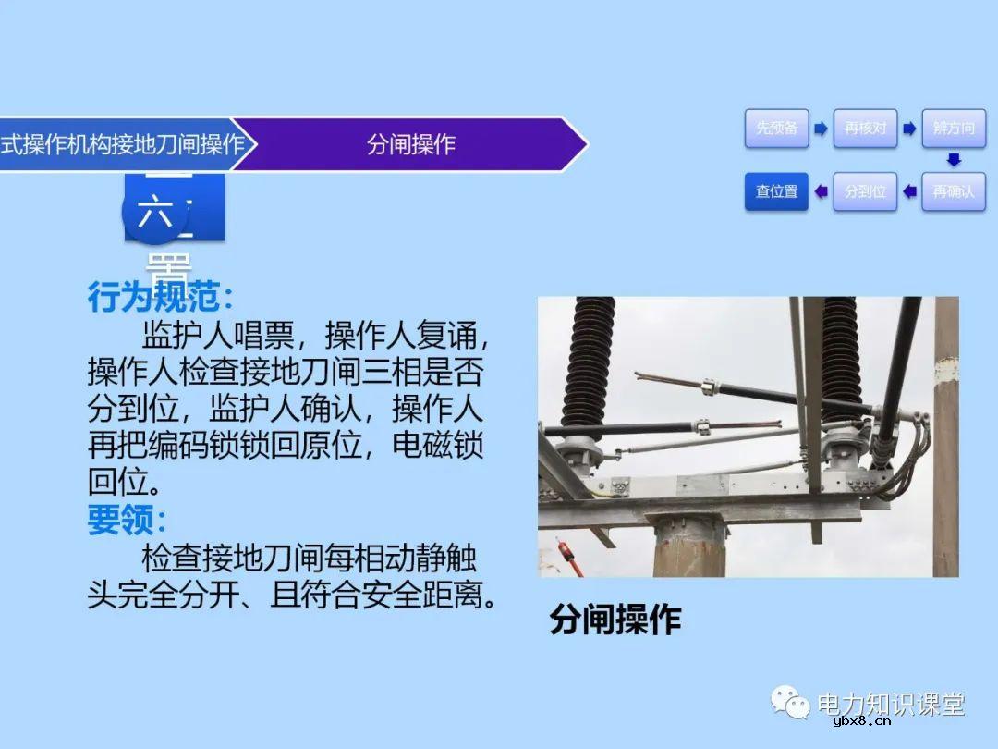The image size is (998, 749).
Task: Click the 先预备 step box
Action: (x=777, y=129)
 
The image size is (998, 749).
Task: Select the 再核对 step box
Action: (x=865, y=129)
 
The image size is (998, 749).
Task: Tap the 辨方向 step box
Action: (x=953, y=129)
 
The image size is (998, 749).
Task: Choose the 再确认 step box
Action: (x=953, y=191)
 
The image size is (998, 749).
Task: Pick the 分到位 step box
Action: (x=865, y=191)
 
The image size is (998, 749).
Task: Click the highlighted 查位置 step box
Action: (x=777, y=191)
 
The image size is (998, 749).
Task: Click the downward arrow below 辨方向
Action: (x=954, y=160)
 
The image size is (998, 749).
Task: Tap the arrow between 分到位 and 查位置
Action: (x=821, y=191)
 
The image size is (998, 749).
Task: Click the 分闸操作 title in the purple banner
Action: (x=411, y=144)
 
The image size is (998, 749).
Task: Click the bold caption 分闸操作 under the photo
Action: (x=615, y=619)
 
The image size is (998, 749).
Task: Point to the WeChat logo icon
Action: (x=792, y=703)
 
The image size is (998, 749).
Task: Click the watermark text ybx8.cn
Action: (x=861, y=722)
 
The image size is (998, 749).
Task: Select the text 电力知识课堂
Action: (x=891, y=704)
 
